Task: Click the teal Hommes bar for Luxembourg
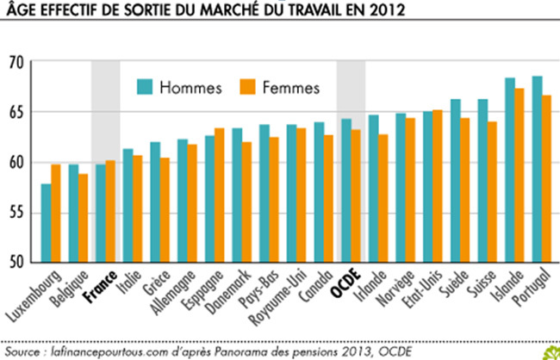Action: [46, 223]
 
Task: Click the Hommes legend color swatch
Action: [143, 87]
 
